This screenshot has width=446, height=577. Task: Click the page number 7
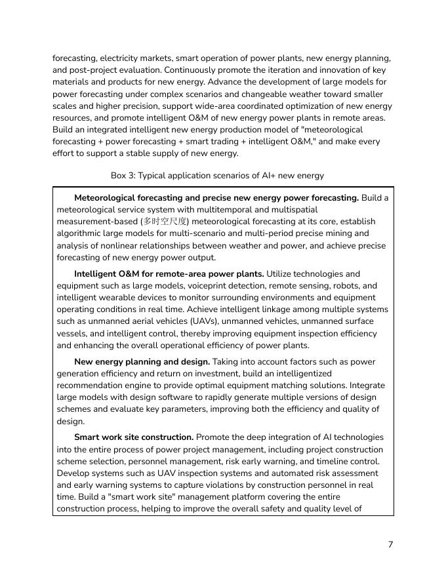click(390, 544)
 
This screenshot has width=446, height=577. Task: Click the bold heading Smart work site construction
click(134, 437)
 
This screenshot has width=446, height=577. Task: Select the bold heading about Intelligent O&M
click(169, 274)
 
